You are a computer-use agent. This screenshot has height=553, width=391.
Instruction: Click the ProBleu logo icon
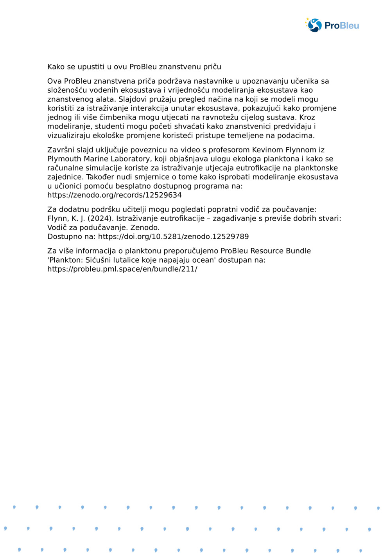tap(314, 25)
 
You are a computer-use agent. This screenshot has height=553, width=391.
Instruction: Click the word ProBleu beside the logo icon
tap(341, 26)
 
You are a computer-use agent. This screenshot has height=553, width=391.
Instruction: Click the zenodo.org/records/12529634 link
tap(114, 195)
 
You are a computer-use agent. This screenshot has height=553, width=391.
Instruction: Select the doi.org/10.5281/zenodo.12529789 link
tap(173, 236)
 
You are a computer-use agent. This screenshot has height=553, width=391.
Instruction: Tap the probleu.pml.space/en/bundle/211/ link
tap(122, 269)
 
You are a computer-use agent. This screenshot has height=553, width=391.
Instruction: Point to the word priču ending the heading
tap(212, 67)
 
